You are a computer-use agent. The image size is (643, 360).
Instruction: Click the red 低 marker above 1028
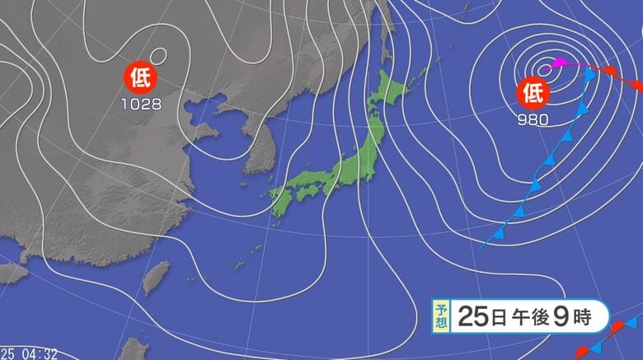138,79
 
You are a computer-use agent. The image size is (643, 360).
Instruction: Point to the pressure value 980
533,116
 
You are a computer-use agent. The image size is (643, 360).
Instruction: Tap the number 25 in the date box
469,315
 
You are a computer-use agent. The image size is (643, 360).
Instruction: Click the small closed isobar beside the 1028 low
159,56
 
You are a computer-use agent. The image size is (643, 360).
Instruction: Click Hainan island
12,272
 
